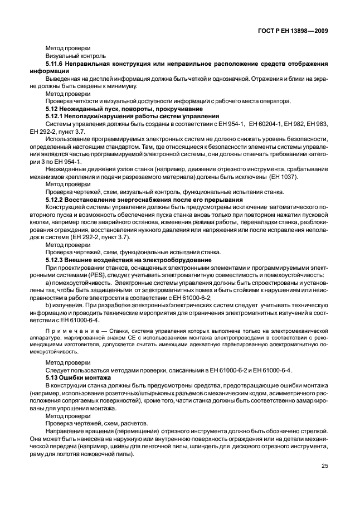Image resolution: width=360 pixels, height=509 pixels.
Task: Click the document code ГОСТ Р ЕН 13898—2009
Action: [299, 31]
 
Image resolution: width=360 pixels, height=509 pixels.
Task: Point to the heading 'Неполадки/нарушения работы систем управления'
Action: [130, 116]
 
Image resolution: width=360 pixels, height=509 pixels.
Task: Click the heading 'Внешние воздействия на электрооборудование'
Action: [139, 259]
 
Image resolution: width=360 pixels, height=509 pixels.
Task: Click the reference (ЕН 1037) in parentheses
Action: [283, 177]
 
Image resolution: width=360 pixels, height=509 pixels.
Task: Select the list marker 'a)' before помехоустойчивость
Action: [48, 283]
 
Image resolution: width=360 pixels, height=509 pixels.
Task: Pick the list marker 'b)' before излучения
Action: [48, 306]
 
